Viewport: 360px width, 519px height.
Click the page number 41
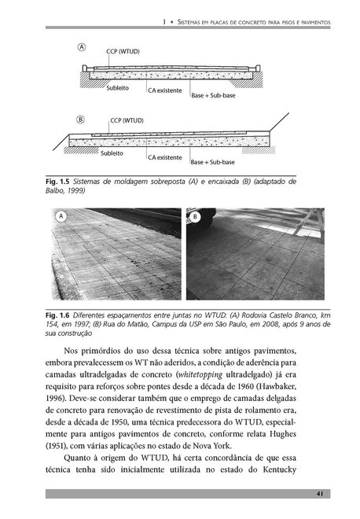(x=320, y=494)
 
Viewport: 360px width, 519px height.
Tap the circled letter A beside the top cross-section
(x=82, y=47)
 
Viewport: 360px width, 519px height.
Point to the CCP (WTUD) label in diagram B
(x=127, y=120)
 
